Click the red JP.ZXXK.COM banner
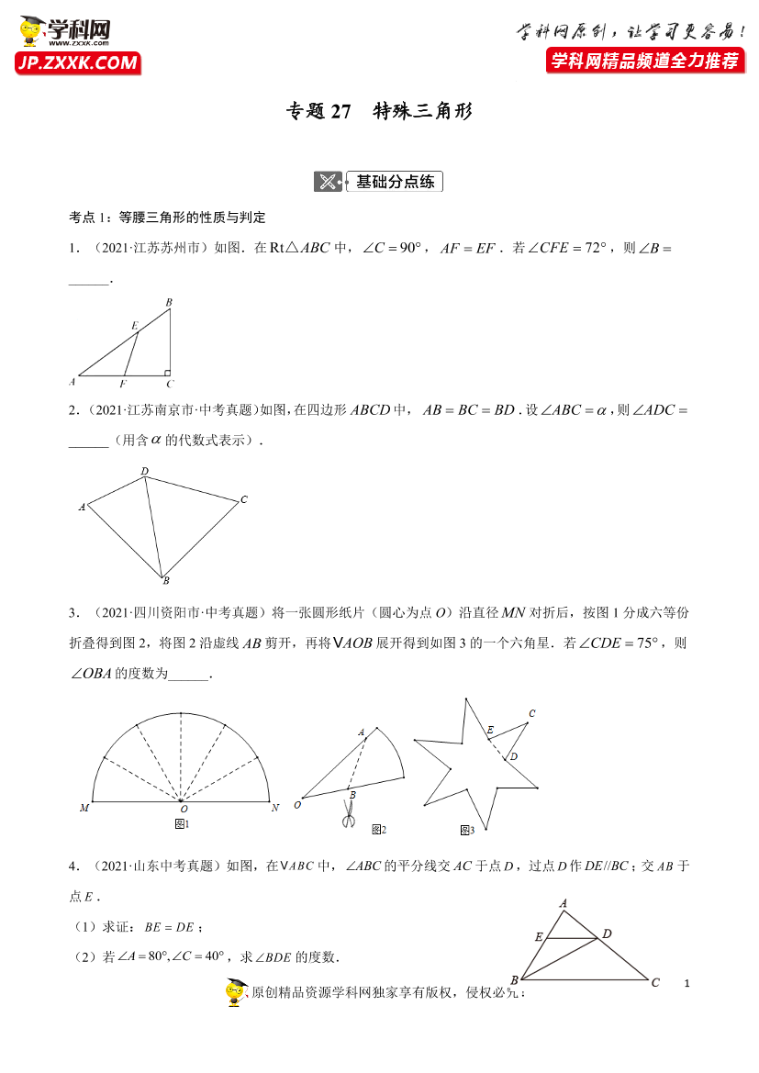tap(77, 62)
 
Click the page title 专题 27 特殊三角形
tap(379, 112)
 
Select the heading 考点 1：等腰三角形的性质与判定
tap(167, 218)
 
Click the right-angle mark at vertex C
tap(166, 372)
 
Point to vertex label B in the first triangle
tap(169, 302)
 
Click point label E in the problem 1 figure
tap(134, 325)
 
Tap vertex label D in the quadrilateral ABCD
tap(144, 472)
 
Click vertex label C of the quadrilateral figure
tap(244, 499)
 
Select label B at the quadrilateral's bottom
tap(165, 580)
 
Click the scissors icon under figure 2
tap(348, 814)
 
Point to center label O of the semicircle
tap(184, 809)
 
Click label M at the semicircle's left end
tap(84, 808)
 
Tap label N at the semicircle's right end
tap(274, 808)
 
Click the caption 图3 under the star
tap(467, 830)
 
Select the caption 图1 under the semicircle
tap(181, 824)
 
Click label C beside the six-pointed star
tap(531, 713)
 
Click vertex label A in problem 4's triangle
tap(563, 903)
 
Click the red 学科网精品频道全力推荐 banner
tap(644, 61)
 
